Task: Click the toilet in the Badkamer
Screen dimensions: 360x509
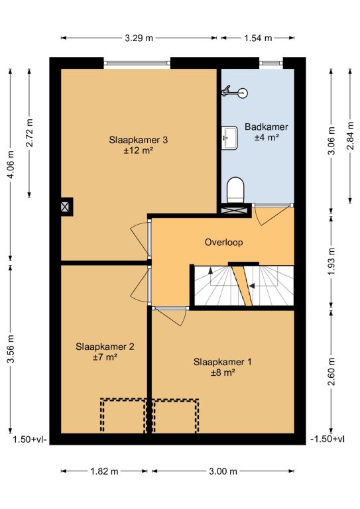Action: [235, 190]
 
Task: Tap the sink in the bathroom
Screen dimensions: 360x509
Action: [230, 138]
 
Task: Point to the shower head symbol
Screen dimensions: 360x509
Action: [235, 92]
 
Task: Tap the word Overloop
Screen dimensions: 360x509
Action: [223, 242]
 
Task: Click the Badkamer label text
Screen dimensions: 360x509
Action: [266, 127]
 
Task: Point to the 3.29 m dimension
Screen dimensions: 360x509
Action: [139, 38]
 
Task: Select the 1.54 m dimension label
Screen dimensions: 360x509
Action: [258, 38]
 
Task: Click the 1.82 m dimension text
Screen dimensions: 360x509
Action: [104, 471]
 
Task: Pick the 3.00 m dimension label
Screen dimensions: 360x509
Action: [223, 471]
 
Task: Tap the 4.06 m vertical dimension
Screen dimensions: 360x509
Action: [11, 164]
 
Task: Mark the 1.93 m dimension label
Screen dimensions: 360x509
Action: [331, 261]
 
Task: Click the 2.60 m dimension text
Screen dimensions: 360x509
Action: [331, 371]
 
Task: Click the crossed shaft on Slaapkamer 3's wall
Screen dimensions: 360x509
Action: [66, 207]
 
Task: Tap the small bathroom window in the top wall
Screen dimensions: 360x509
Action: [271, 63]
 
